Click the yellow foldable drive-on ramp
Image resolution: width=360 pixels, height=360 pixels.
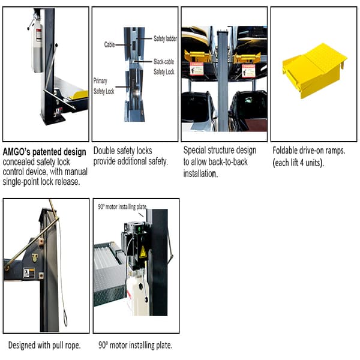pos(314,70)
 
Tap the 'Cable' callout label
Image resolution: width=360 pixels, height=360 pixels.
pos(109,44)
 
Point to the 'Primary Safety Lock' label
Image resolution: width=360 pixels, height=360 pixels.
pos(103,85)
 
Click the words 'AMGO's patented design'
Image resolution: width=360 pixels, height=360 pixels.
pos(44,151)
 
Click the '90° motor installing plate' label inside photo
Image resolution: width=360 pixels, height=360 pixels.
pos(122,207)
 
